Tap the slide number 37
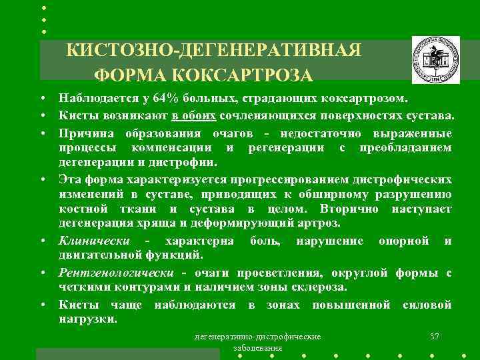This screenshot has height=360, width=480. [x=435, y=336]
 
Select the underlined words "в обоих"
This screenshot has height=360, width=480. [x=194, y=114]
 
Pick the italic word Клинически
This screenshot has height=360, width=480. [x=94, y=241]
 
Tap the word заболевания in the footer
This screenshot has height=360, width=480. [x=257, y=348]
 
